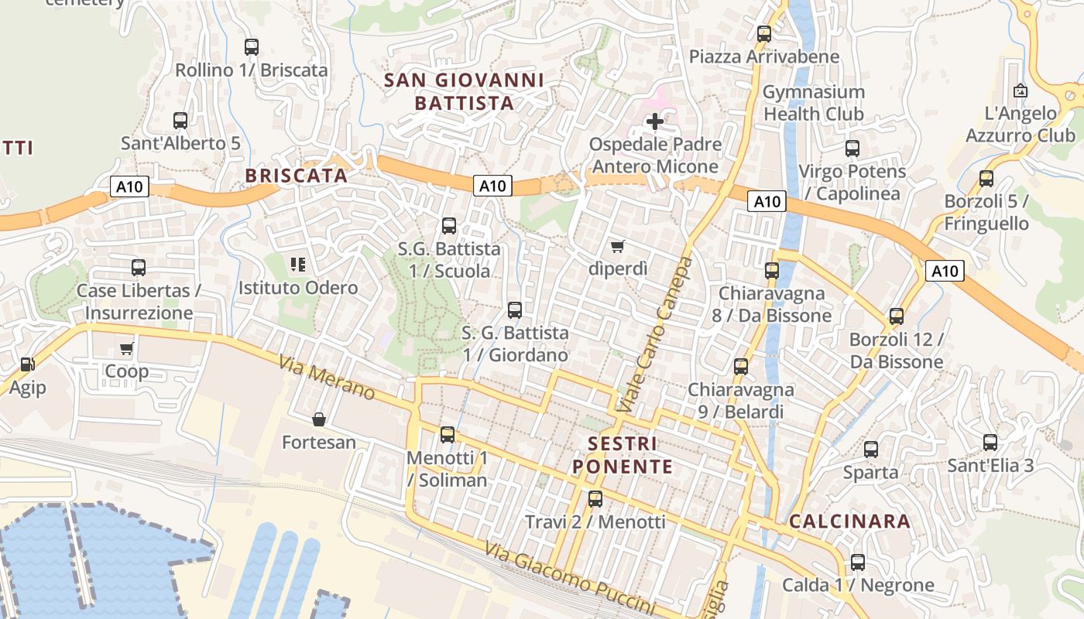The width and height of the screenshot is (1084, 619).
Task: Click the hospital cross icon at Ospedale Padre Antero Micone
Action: click(655, 121)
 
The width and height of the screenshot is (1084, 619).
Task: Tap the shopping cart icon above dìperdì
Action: click(617, 246)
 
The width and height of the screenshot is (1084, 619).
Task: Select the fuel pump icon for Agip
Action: click(27, 364)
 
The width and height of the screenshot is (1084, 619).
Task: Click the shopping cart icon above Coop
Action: click(127, 348)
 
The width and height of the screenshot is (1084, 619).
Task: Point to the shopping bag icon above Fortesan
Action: click(318, 419)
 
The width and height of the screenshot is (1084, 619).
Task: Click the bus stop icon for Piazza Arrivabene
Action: click(764, 33)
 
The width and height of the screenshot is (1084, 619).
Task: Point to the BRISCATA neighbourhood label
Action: click(296, 176)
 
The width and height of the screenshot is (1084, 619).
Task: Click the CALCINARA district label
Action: click(849, 522)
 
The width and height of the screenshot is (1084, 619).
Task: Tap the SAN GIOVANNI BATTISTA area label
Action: click(464, 91)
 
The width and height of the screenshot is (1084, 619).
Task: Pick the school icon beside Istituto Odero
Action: click(298, 265)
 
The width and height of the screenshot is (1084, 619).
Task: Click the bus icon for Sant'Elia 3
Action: click(990, 443)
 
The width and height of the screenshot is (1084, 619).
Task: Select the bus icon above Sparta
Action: click(871, 449)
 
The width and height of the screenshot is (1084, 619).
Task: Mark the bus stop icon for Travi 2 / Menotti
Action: click(595, 499)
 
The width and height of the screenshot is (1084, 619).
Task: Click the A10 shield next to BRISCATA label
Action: click(129, 186)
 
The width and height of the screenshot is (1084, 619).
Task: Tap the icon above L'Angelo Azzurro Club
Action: click(1021, 91)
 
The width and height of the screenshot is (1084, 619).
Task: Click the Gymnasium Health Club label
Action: click(813, 103)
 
